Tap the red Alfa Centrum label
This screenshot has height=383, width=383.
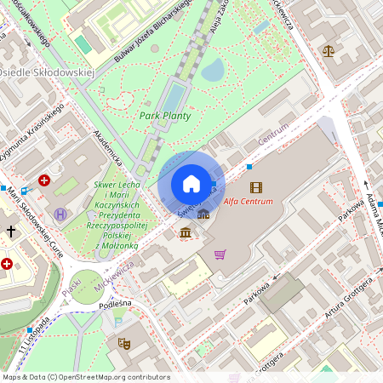pos(249,202)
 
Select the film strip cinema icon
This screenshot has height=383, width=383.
pos(256,186)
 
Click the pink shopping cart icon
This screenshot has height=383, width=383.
pos(220,254)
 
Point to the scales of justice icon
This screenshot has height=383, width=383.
pos(329,50)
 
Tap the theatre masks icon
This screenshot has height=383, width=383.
pos(123,344)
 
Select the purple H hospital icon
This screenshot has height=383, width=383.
pos(60,214)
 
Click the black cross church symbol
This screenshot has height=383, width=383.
pos(11,231)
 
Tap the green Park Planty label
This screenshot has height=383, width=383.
pos(164,116)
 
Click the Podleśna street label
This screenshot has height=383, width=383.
pos(115,303)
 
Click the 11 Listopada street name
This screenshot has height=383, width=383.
pos(29,338)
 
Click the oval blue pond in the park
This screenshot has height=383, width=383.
pos(212,69)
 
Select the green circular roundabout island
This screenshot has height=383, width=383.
pos(87,284)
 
